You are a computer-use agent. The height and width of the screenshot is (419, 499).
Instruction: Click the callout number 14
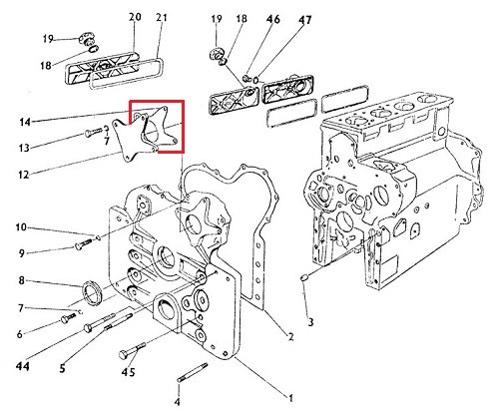point(25,122)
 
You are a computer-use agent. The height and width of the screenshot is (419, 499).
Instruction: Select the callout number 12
point(23,175)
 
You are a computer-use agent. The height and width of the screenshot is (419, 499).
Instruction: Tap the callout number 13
point(24,148)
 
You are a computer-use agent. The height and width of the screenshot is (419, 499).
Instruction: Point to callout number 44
point(23,366)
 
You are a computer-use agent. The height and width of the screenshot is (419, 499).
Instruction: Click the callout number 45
point(128,371)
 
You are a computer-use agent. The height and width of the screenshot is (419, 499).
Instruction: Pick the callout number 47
point(305,20)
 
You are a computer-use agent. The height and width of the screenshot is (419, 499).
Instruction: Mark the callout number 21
point(161,17)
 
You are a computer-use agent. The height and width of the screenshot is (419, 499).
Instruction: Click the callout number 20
point(135,17)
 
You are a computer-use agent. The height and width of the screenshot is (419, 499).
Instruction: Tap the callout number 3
point(310,322)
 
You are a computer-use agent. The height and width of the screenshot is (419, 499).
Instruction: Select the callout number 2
point(290,337)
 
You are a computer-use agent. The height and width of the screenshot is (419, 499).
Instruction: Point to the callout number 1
point(290,397)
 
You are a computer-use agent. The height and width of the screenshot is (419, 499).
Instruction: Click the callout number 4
point(178,402)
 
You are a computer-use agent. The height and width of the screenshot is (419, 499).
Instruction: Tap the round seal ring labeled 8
point(91,292)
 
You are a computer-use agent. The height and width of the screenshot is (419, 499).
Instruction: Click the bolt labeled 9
point(84,243)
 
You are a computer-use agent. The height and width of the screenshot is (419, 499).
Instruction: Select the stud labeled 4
point(193,372)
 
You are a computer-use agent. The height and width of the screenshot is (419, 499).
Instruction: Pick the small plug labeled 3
point(304,277)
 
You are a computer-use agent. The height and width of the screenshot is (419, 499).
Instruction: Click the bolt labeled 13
point(94,132)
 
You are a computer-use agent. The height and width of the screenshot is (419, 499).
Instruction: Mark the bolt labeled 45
point(132,350)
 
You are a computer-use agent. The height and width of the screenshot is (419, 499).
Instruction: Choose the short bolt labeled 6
point(68,318)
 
